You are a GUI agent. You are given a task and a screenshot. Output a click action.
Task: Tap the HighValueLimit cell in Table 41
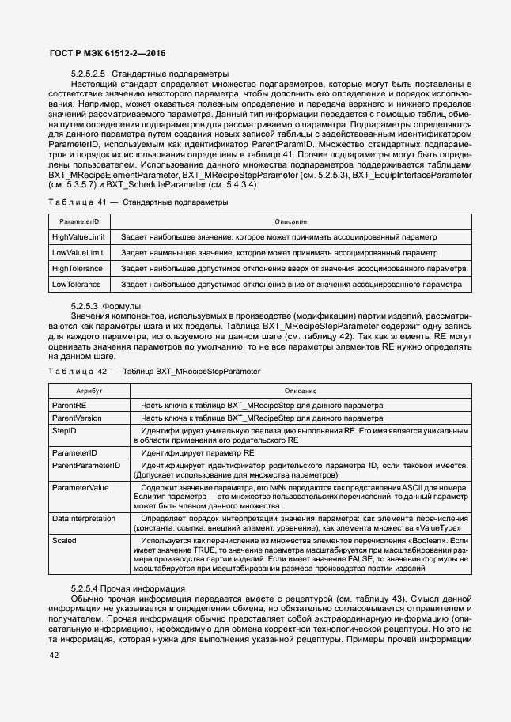click(78, 237)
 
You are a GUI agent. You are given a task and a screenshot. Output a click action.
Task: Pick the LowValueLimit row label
click(78, 252)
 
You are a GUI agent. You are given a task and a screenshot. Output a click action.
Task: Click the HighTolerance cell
click(77, 268)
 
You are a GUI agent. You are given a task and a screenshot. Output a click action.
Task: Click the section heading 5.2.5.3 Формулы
click(106, 305)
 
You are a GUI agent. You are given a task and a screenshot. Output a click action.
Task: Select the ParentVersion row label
click(77, 417)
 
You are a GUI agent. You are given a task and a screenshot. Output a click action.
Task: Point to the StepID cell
click(64, 429)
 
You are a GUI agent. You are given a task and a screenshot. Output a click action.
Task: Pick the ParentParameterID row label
click(85, 466)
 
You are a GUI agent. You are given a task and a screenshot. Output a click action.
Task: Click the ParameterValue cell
click(80, 488)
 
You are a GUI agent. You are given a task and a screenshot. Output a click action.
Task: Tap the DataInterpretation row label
click(83, 518)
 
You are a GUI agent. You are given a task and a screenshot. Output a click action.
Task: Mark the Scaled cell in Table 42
click(64, 539)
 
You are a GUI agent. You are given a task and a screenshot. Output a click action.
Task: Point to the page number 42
click(54, 656)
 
